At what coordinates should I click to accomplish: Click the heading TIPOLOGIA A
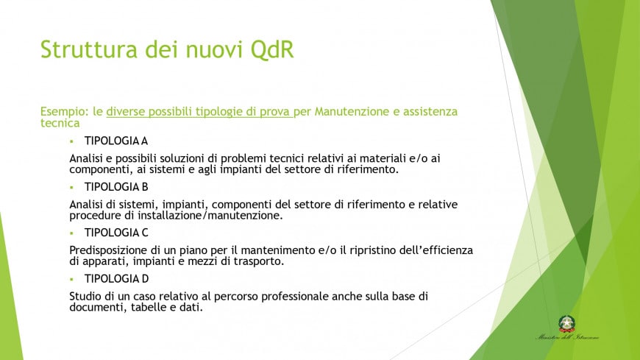coord(116,141)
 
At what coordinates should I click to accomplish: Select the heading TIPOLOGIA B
coord(116,187)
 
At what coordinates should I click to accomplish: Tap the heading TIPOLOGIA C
coord(116,233)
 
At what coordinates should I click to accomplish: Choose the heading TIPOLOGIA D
coord(116,278)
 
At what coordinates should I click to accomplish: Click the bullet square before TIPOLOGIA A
coord(72,141)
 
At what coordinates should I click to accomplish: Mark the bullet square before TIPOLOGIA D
coord(72,278)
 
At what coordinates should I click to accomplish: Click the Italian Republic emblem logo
coord(566,323)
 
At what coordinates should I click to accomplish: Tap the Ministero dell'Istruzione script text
coord(566,338)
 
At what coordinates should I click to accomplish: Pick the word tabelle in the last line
coord(152,307)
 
